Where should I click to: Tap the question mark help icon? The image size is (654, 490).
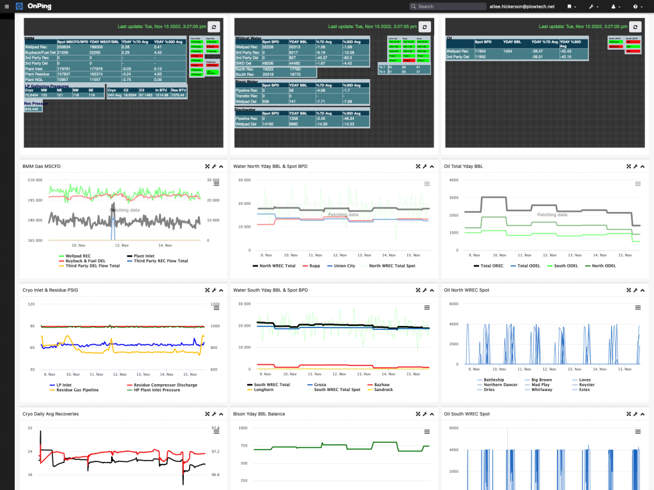click(x=635, y=6)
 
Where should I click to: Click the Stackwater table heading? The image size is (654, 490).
click(x=246, y=110)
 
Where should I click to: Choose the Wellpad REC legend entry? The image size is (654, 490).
click(x=78, y=256)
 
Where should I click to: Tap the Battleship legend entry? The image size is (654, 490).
click(x=494, y=380)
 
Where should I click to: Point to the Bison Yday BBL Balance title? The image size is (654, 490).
click(x=259, y=414)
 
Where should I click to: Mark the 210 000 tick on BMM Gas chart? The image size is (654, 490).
click(x=34, y=180)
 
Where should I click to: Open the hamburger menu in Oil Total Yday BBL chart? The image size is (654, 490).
click(x=637, y=184)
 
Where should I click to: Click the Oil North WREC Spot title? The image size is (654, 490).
click(x=466, y=290)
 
